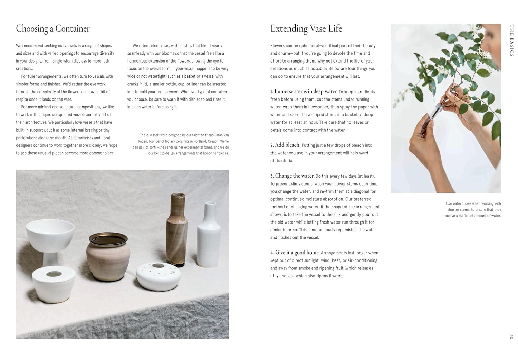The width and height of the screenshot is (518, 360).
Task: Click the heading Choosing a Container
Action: click(x=53, y=29)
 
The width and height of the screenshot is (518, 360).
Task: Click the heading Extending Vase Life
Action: click(x=306, y=29)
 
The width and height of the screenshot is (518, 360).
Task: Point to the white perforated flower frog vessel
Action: click(x=158, y=276)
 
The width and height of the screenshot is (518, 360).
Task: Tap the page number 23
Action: click(x=511, y=336)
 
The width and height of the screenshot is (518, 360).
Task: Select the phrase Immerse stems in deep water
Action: click(x=306, y=92)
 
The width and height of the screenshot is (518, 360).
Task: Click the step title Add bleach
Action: click(x=288, y=145)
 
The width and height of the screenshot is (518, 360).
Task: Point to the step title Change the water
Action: click(x=295, y=176)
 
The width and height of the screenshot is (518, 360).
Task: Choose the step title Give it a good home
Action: click(x=297, y=253)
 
